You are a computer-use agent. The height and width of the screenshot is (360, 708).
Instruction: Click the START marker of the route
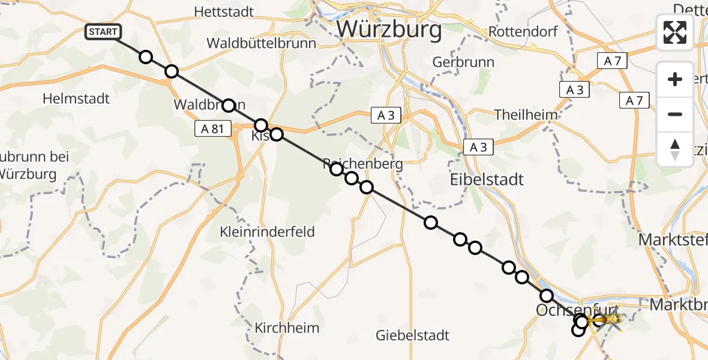pyautogui.click(x=103, y=32)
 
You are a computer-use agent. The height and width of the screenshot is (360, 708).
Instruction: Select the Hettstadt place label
pyautogui.click(x=224, y=11)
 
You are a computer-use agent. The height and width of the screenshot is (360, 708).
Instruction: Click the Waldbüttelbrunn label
pyautogui.click(x=261, y=43)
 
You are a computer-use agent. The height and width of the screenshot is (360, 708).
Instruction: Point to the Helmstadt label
pyautogui.click(x=77, y=98)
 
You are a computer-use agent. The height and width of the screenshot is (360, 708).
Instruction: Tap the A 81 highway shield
pyautogui.click(x=213, y=128)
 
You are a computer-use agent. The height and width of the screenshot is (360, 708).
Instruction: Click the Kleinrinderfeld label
pyautogui.click(x=267, y=232)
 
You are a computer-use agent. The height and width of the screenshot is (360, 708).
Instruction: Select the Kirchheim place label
pyautogui.click(x=287, y=328)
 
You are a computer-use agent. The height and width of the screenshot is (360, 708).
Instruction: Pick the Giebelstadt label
pyautogui.click(x=412, y=335)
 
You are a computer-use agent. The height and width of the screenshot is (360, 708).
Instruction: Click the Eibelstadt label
pyautogui.click(x=487, y=179)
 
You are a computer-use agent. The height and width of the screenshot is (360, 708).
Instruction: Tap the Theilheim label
pyautogui.click(x=525, y=115)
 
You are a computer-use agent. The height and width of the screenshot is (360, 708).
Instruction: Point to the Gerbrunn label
pyautogui.click(x=463, y=62)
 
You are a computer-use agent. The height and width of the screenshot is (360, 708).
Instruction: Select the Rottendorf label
pyautogui.click(x=515, y=31)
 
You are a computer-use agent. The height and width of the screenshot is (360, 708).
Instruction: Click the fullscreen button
pyautogui.click(x=675, y=32)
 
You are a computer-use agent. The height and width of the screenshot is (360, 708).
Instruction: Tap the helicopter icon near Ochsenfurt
pyautogui.click(x=609, y=320)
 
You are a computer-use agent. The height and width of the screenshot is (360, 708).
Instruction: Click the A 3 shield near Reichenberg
pyautogui.click(x=386, y=116)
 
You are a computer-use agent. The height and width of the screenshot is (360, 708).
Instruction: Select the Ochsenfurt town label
pyautogui.click(x=575, y=310)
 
